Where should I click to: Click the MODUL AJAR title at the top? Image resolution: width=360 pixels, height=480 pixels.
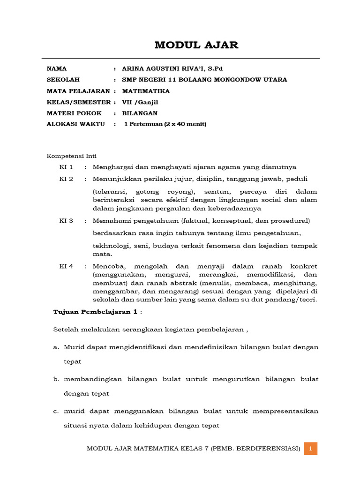point(196,45)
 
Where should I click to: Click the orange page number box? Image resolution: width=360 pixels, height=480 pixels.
point(310,449)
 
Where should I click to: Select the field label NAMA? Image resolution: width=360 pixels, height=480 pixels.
point(57,68)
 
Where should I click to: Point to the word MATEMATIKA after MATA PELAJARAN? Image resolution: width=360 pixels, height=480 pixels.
point(146,91)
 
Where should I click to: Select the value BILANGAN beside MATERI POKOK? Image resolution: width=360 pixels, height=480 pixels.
point(140,113)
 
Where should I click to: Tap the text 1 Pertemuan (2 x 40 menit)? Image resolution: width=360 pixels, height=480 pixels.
point(165,124)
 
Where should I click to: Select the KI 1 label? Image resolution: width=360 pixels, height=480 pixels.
point(66,167)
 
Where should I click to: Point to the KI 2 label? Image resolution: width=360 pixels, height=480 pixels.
point(66,179)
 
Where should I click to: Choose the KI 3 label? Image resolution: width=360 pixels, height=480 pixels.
point(66,221)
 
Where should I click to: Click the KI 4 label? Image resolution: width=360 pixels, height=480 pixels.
point(66,266)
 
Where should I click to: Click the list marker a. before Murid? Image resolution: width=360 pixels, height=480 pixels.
point(56,347)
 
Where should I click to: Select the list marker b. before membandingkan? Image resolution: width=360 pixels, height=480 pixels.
point(56,379)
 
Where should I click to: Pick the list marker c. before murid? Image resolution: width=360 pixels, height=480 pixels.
point(56,411)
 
